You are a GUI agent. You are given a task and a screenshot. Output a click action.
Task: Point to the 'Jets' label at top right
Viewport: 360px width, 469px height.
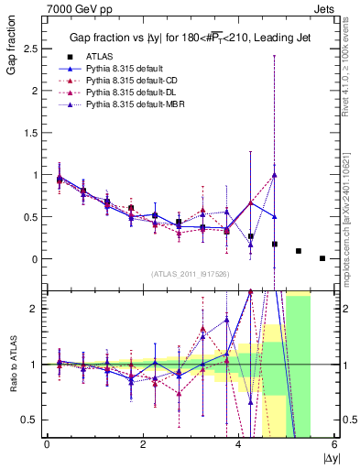[324, 7]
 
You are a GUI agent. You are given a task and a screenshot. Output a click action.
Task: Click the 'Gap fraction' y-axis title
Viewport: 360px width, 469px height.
[11, 47]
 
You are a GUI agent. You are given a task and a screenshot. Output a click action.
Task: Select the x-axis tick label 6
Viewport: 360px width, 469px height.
[334, 444]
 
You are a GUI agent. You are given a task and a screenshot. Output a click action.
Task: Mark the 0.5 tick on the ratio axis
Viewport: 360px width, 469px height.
[31, 420]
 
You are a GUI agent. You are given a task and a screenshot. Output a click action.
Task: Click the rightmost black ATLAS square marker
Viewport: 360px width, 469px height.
[322, 258]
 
